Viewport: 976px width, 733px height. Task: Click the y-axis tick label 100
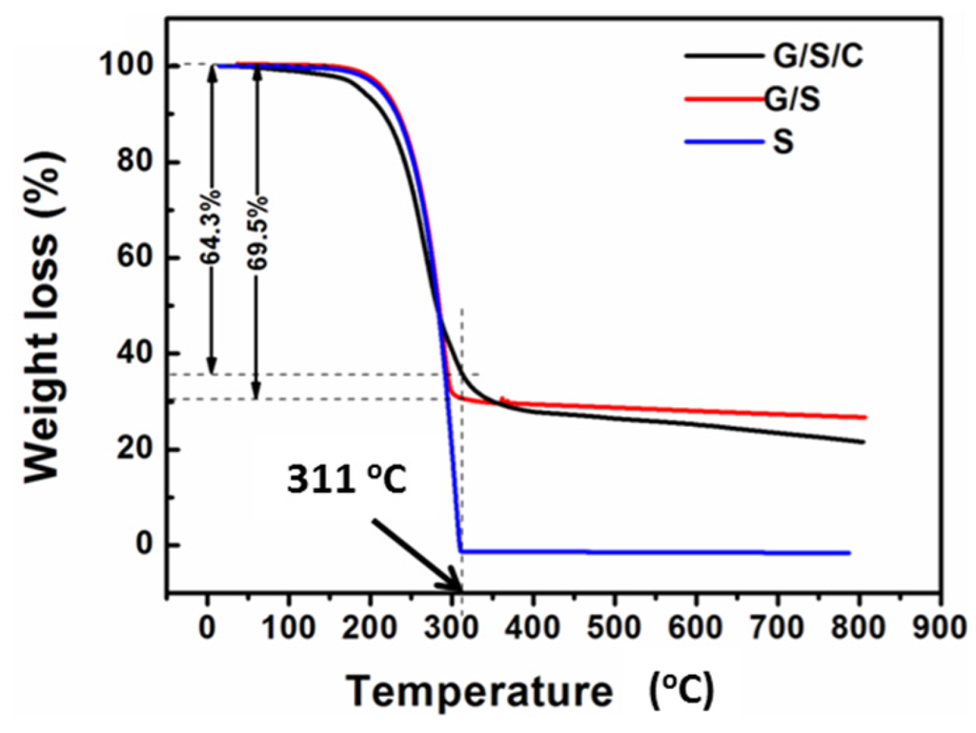pos(130,67)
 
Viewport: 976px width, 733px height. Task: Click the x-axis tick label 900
pos(941,628)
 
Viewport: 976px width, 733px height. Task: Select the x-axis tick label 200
pos(370,628)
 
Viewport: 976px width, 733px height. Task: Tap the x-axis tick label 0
pos(207,628)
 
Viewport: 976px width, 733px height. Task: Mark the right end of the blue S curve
pos(847,553)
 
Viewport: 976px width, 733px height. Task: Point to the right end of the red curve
pos(864,417)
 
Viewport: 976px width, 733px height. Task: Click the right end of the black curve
pos(863,441)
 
